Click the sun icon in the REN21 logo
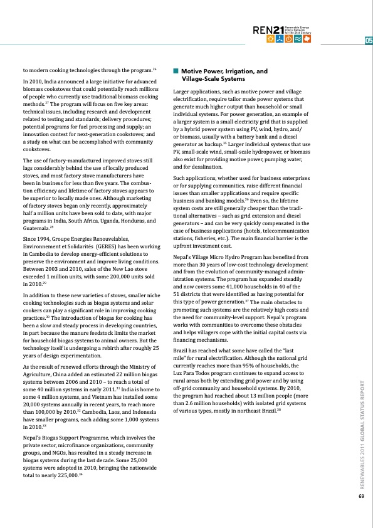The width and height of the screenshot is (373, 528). [270, 38]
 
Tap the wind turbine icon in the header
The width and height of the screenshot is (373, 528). [279, 38]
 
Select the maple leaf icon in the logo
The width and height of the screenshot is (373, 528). [307, 38]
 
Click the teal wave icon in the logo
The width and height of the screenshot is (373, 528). [298, 38]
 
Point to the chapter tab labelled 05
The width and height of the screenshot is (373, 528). [368, 41]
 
